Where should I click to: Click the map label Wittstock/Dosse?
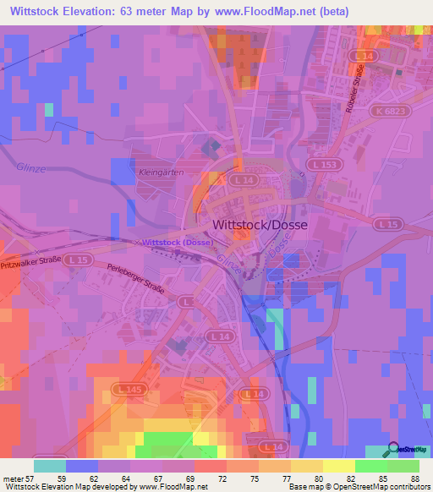click(258, 226)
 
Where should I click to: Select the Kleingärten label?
click(155, 172)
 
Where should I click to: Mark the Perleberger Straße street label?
click(140, 284)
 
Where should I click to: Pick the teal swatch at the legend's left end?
click(50, 466)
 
